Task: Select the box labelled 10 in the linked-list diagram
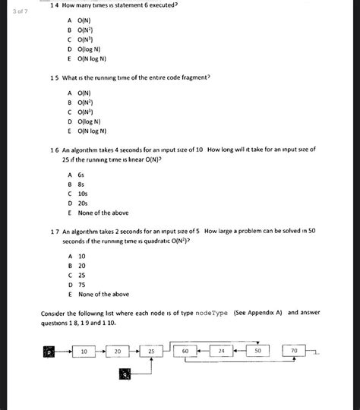click(x=84, y=352)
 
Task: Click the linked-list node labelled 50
click(x=257, y=352)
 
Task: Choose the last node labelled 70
click(x=294, y=352)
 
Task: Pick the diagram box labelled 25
click(x=152, y=352)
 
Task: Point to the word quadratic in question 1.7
click(x=152, y=241)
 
